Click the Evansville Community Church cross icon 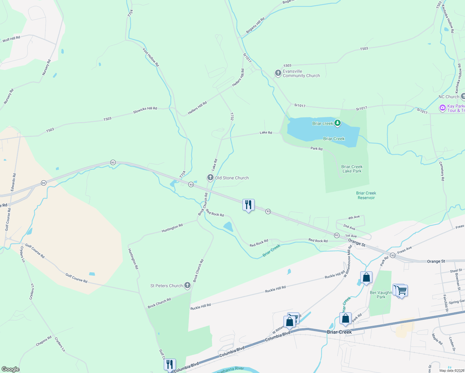tap(278, 73)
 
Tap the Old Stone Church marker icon tap(210, 178)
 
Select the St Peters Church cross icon tap(187, 285)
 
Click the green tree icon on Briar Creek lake tap(337, 123)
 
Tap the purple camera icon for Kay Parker tap(442, 108)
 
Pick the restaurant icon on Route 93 tap(248, 205)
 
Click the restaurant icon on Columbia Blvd tap(170, 364)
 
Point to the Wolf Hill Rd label tap(11, 39)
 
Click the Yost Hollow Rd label tap(151, 57)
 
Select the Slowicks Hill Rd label tap(145, 110)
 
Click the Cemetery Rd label tap(442, 171)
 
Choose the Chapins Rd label tap(44, 341)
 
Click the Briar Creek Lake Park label tap(352, 169)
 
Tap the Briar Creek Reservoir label tap(366, 195)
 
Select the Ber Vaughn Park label tap(381, 295)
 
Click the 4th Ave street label tap(354, 218)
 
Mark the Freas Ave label tap(404, 250)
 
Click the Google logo tap(11, 369)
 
